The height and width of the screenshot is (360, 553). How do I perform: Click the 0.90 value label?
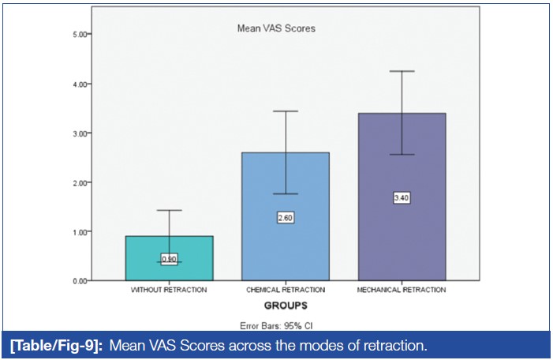(169, 258)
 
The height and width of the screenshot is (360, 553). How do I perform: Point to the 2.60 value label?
(286, 217)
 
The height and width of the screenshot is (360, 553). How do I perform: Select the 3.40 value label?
(402, 197)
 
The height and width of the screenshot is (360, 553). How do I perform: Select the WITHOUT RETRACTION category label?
(169, 291)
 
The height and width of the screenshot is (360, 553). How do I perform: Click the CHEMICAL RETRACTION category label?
(286, 291)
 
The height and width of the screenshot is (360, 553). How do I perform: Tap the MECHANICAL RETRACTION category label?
(402, 291)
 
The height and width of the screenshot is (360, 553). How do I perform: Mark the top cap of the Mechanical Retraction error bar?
(402, 72)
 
